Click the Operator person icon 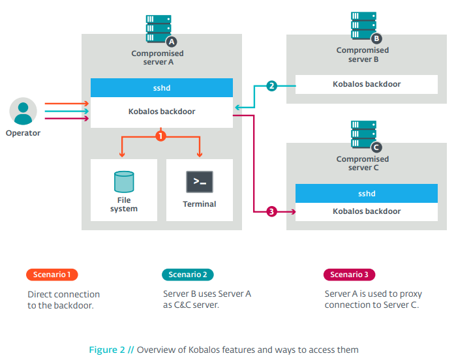pyautogui.click(x=23, y=111)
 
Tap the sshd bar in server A pyautogui.click(x=161, y=87)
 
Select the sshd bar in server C pyautogui.click(x=366, y=193)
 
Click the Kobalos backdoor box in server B pyautogui.click(x=366, y=84)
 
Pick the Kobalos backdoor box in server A pyautogui.click(x=161, y=112)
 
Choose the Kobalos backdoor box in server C pyautogui.click(x=366, y=211)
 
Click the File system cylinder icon pyautogui.click(x=123, y=181)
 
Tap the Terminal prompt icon pyautogui.click(x=200, y=182)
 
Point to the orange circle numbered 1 pyautogui.click(x=160, y=136)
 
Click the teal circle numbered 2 pyautogui.click(x=272, y=85)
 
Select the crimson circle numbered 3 pyautogui.click(x=272, y=211)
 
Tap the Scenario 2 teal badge pyautogui.click(x=188, y=275)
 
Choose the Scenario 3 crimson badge pyautogui.click(x=350, y=275)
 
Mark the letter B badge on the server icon pyautogui.click(x=376, y=39)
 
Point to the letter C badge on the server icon pyautogui.click(x=376, y=147)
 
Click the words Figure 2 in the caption pyautogui.click(x=107, y=350)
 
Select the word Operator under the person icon pyautogui.click(x=23, y=133)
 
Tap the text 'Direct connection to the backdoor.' pyautogui.click(x=64, y=299)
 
